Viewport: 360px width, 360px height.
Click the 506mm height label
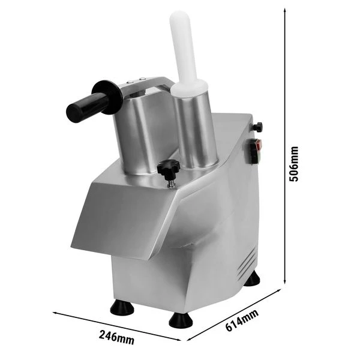[x=293, y=164]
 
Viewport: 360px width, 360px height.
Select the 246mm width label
[x=116, y=337]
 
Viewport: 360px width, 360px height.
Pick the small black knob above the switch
[x=258, y=127]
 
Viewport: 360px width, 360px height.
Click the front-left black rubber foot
[x=122, y=307]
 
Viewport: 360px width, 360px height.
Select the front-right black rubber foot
[x=181, y=320]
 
